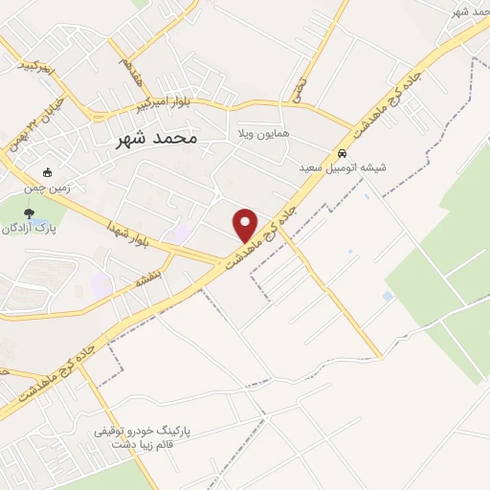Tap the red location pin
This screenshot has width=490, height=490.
click(x=246, y=225)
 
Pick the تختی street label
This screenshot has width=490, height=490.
click(x=300, y=88)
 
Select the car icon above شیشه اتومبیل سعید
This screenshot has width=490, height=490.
click(x=342, y=152)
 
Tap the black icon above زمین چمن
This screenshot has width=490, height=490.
click(x=48, y=173)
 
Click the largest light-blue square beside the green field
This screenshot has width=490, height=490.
click(x=388, y=297)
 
